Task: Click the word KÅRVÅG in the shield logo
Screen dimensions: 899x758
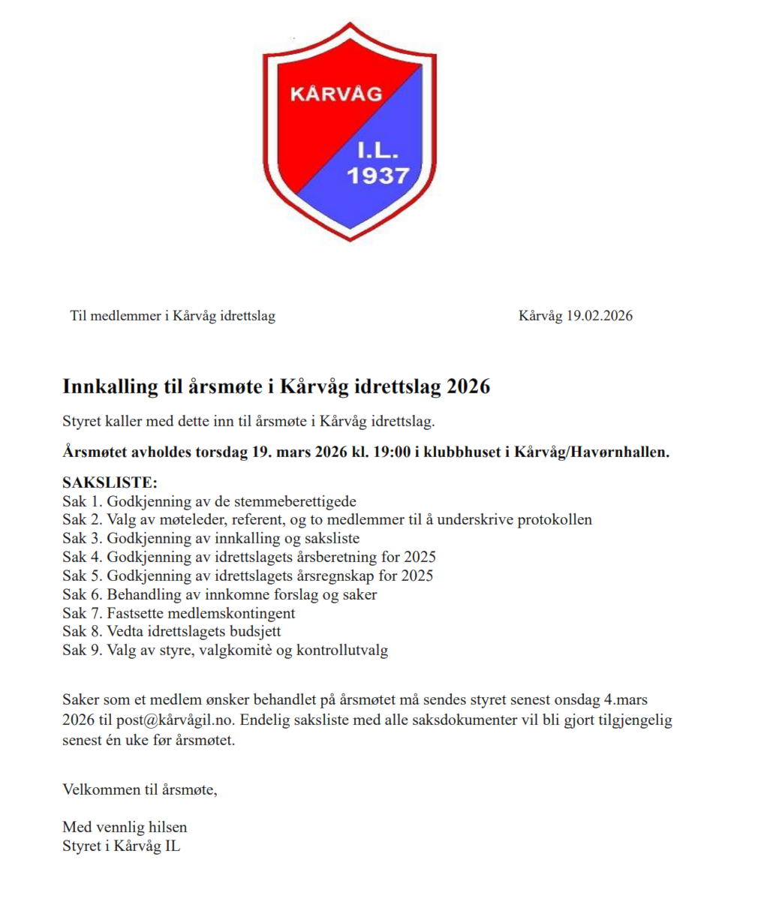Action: tap(335, 95)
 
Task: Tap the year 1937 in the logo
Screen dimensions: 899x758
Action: tap(377, 176)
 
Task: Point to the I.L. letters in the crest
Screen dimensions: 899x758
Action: tap(377, 151)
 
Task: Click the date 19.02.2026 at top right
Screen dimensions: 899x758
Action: tap(599, 316)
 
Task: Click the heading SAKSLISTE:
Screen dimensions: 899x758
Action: tap(110, 483)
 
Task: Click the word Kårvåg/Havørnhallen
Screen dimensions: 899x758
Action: tap(591, 452)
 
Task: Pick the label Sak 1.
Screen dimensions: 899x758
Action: tap(82, 501)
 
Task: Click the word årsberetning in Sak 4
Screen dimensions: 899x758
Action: tap(337, 557)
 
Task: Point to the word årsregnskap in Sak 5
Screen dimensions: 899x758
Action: tap(336, 576)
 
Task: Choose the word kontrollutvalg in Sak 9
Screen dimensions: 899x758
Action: tap(342, 650)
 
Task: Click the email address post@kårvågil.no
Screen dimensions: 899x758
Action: tap(175, 720)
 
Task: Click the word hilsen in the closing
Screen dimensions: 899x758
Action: tap(168, 827)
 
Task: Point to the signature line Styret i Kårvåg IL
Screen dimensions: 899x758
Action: tap(121, 846)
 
